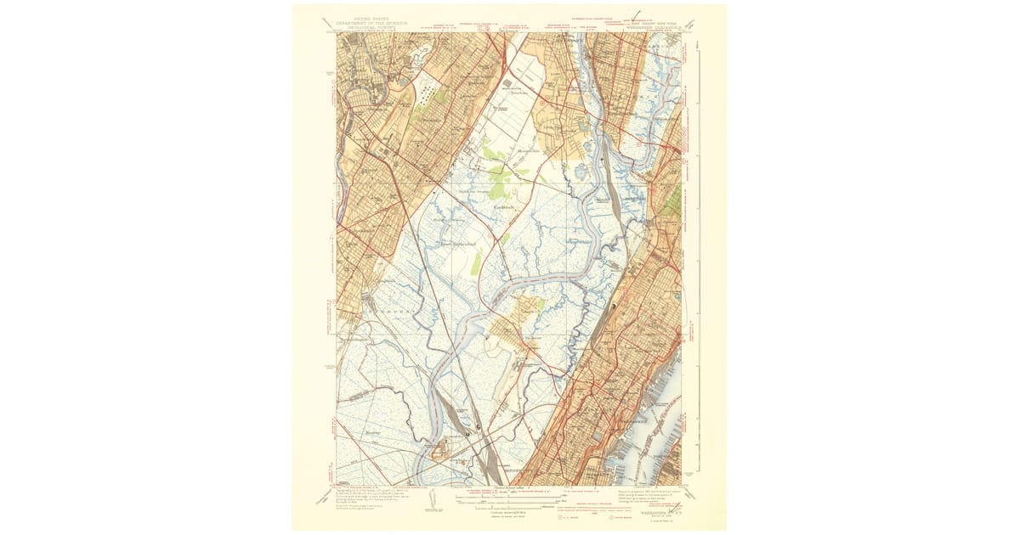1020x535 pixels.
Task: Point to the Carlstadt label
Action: (505, 206)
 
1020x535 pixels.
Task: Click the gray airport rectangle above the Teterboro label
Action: (507, 83)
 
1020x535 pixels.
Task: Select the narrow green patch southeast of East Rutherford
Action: (477, 262)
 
